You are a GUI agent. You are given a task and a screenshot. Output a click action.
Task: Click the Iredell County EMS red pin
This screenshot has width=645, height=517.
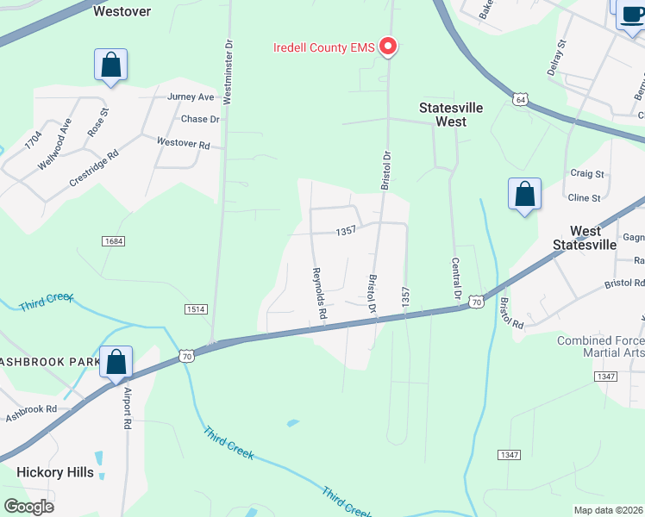coord(388,47)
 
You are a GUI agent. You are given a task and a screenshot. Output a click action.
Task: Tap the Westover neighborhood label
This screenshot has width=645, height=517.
coord(122,11)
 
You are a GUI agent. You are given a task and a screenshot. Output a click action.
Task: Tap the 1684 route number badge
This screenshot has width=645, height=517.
coord(113,241)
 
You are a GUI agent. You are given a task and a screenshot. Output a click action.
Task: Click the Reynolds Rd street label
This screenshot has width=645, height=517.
coord(318,294)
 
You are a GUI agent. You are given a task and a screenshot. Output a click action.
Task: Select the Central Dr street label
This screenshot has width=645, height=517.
coord(456,279)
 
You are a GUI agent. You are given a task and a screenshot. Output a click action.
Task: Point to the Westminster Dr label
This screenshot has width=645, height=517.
coord(229,71)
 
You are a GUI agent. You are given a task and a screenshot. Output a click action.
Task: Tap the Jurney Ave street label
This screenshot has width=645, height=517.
coord(191,97)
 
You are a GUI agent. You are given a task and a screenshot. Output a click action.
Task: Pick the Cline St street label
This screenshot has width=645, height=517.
coord(585,198)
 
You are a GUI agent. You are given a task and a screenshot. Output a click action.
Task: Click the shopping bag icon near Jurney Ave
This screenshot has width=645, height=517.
coord(110,65)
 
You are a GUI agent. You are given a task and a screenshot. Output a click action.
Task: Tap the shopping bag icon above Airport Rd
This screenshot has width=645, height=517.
coord(116,362)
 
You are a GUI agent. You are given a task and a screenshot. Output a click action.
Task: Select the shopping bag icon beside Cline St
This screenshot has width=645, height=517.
coord(524,195)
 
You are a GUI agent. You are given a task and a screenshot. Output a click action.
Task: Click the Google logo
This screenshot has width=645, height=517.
coord(29,507)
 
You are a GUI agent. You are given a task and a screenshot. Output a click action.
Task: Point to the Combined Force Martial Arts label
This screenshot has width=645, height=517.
coord(600,347)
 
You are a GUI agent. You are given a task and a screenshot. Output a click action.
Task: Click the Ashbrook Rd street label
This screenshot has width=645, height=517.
coord(31,409)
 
